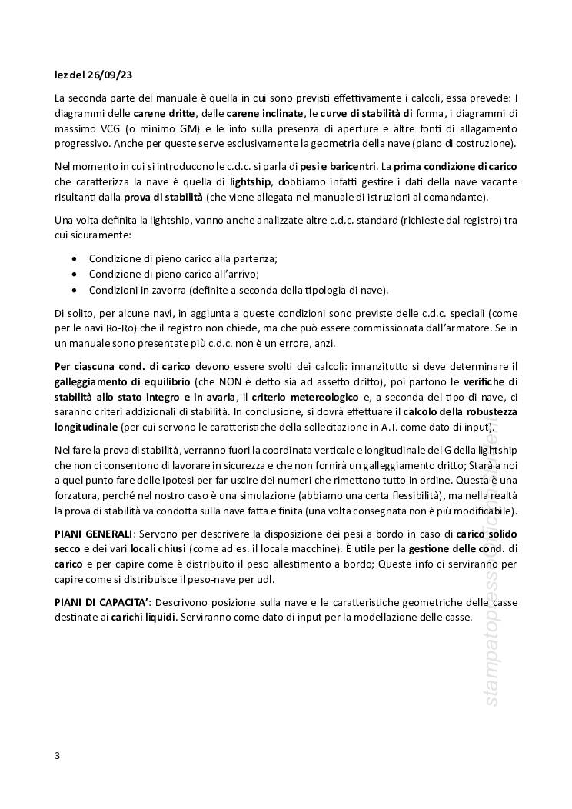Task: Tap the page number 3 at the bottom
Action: (58, 755)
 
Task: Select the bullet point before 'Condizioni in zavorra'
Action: (73, 290)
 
